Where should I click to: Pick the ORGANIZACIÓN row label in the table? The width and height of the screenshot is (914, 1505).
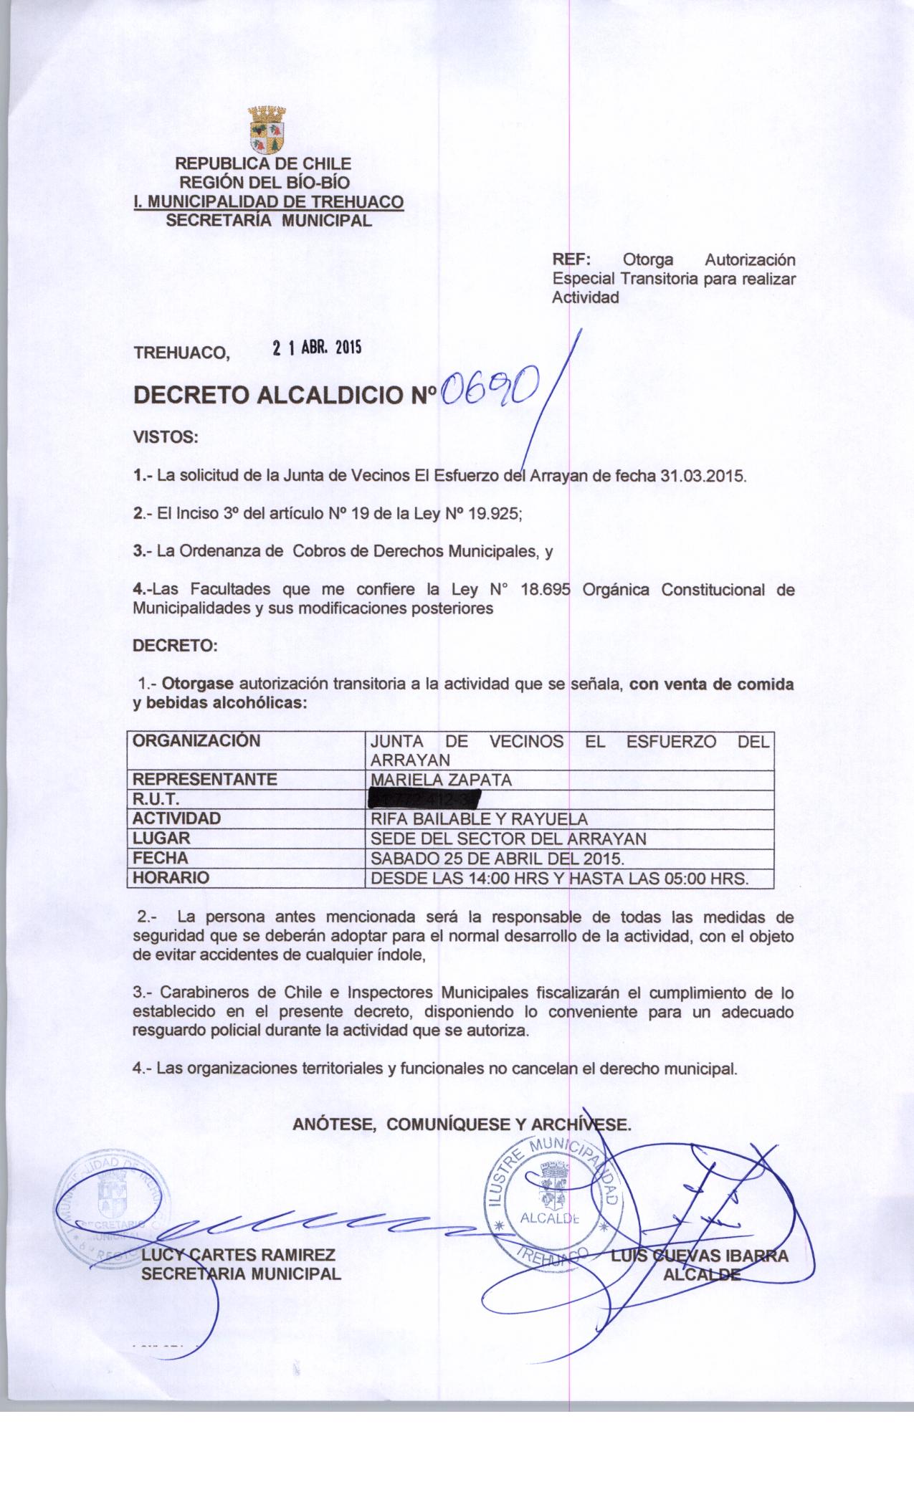[197, 741]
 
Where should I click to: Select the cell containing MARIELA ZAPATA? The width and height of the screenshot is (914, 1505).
[439, 780]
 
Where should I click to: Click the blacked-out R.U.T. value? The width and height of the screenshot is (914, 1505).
[422, 799]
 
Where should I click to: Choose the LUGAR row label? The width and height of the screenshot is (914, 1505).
[162, 838]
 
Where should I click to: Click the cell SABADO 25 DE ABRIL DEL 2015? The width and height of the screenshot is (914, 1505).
[495, 858]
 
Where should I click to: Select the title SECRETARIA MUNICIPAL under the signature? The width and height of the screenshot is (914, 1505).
[241, 1274]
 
